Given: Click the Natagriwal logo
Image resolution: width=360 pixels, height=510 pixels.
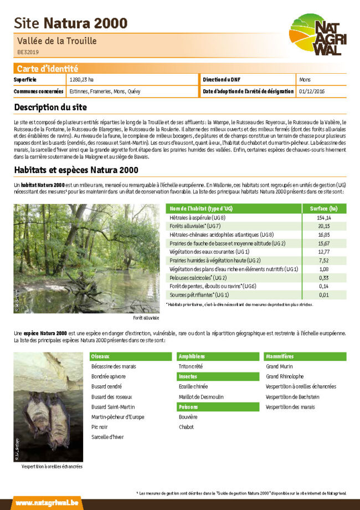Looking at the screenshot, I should (317, 35).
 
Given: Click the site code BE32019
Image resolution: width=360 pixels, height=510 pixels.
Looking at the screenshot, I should (28, 52).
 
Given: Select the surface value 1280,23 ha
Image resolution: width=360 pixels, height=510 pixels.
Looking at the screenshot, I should (82, 79).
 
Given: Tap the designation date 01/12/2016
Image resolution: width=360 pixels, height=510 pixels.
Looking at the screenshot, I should (311, 91).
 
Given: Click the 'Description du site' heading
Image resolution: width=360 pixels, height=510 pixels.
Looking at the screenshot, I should (50, 107).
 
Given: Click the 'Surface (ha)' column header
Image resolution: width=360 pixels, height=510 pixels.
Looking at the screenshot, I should (325, 208).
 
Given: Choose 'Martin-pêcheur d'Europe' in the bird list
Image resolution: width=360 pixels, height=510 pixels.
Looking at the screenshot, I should (117, 416).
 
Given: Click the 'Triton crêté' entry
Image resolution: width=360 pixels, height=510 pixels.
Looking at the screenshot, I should (191, 366).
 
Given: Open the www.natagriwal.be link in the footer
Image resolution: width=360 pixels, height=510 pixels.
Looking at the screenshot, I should (39, 502).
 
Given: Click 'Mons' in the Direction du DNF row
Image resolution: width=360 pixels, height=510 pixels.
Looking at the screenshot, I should (304, 79).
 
